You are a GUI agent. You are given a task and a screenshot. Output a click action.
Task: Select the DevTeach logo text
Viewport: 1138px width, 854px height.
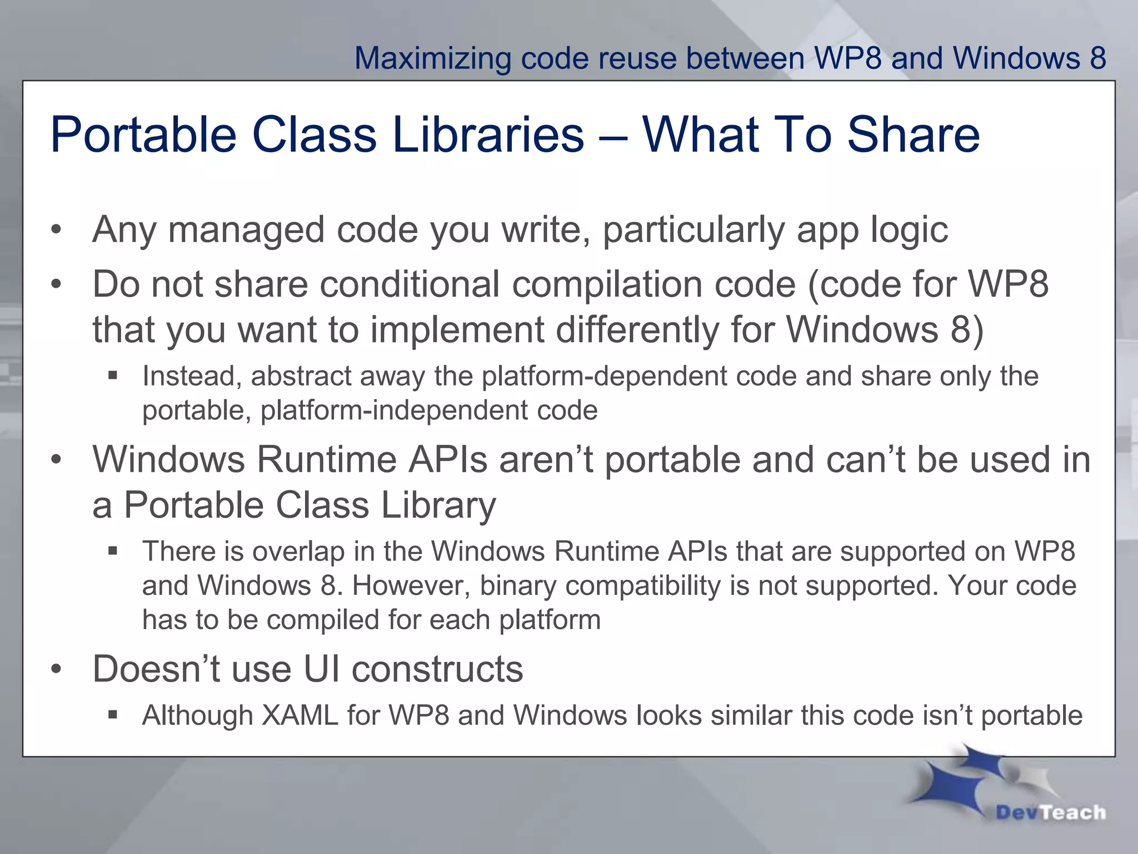click(1050, 812)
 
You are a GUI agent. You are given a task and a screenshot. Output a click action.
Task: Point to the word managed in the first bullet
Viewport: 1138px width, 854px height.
click(246, 229)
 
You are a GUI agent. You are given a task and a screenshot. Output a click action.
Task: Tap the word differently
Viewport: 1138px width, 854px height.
click(637, 329)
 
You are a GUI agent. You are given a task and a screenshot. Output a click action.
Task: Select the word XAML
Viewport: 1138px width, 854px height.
click(300, 715)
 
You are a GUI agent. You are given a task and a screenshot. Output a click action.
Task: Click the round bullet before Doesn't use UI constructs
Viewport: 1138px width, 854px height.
click(56, 670)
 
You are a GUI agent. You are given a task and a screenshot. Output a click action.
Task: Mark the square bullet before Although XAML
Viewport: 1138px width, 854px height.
click(113, 714)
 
